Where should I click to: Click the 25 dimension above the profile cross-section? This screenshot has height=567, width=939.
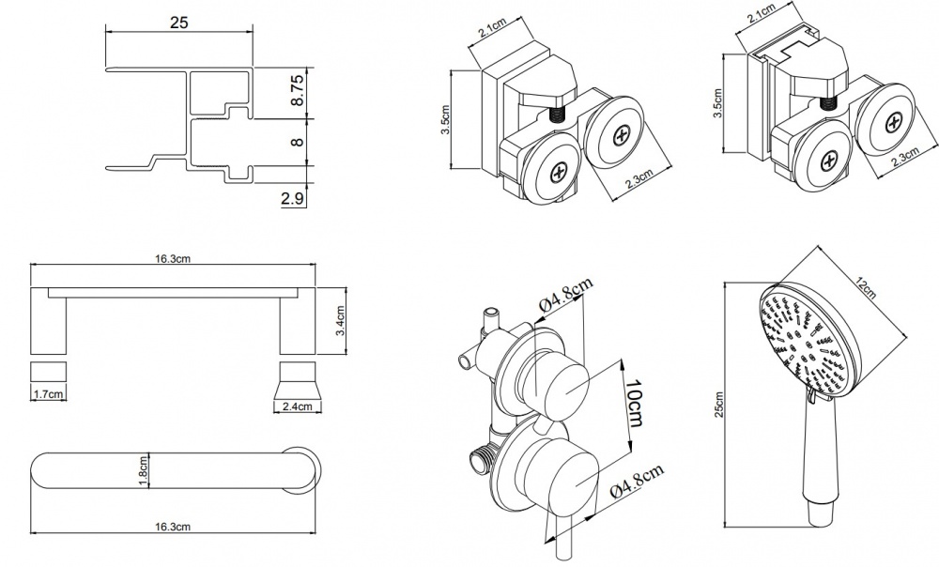click(x=179, y=23)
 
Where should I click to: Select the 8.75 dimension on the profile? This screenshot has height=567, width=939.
click(x=298, y=90)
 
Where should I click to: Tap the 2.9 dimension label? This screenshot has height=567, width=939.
click(x=292, y=199)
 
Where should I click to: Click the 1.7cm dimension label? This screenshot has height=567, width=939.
click(x=49, y=394)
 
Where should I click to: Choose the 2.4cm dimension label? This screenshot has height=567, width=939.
click(x=298, y=406)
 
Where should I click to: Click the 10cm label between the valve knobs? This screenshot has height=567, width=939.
click(x=634, y=403)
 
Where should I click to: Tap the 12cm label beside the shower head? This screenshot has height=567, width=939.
click(x=865, y=288)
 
